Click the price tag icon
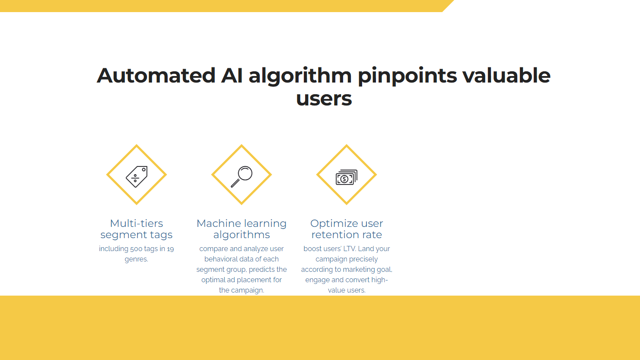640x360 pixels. click(x=137, y=177)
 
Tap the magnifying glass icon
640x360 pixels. click(x=242, y=176)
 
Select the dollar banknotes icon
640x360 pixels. click(x=346, y=177)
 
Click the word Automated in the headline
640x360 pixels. click(x=156, y=76)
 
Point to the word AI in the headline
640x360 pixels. click(x=232, y=76)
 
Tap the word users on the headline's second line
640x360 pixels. click(x=324, y=99)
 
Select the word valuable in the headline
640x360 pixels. click(x=506, y=75)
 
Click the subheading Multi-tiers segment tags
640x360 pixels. click(x=137, y=229)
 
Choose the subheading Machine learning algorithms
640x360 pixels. click(x=242, y=229)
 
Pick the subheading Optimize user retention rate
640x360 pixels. click(x=347, y=229)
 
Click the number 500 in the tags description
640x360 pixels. click(x=136, y=249)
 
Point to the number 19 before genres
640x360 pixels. click(x=170, y=249)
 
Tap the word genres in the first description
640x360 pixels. click(x=136, y=259)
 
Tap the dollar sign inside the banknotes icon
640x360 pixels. click(x=344, y=179)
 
